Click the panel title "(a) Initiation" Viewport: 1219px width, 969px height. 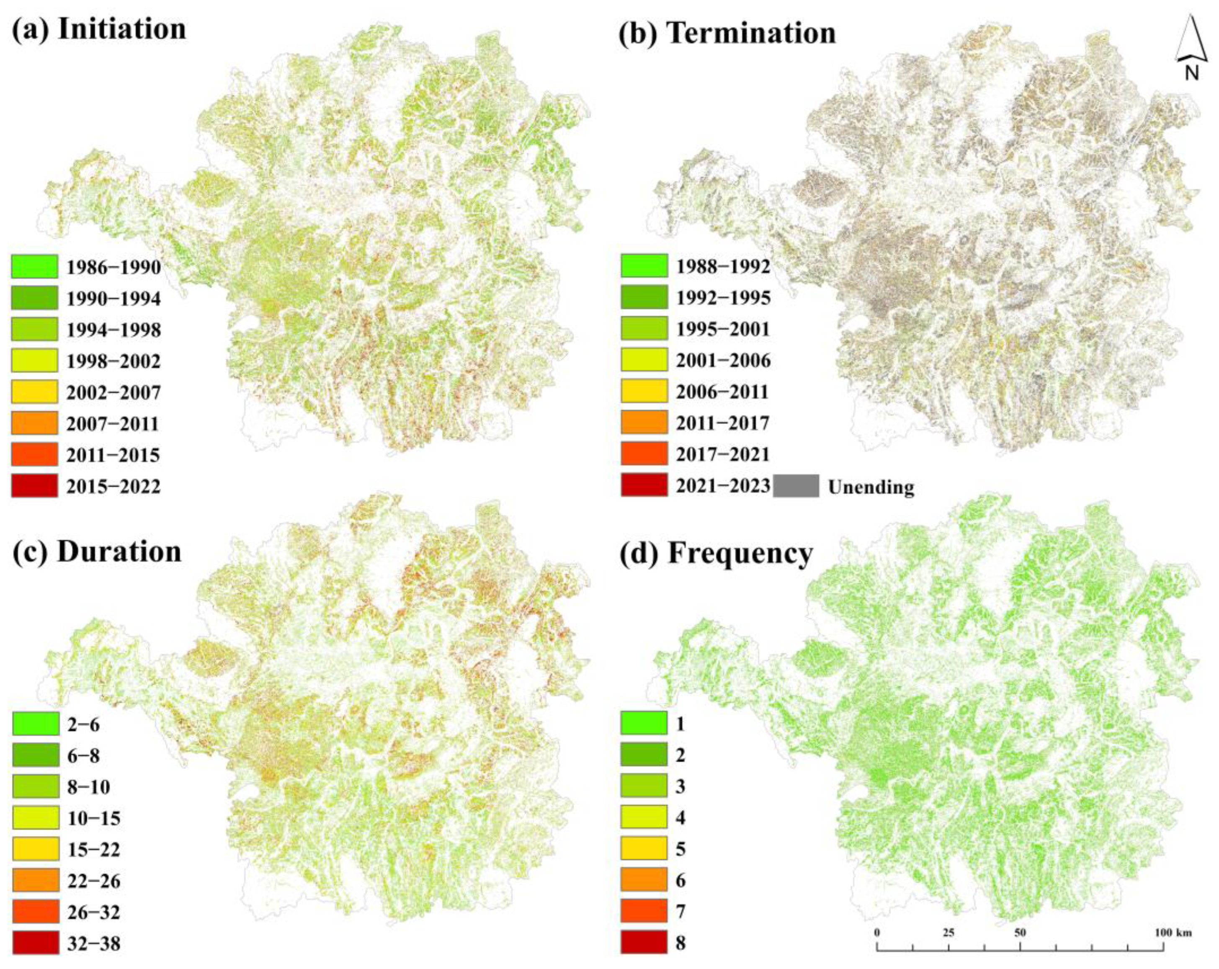point(99,29)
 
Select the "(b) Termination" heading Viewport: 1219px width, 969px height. point(727,33)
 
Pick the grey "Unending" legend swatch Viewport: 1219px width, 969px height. point(796,486)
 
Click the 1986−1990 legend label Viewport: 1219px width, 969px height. point(113,267)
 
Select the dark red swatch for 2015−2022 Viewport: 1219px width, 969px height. point(34,486)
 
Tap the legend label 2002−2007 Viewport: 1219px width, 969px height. point(113,392)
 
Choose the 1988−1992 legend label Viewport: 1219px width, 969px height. point(723,266)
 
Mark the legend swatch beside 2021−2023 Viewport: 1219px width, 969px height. point(644,486)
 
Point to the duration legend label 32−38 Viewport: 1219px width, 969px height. point(93,943)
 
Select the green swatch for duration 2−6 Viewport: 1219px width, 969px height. point(36,724)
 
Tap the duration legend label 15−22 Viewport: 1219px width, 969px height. point(93,849)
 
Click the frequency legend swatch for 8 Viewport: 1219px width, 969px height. point(644,943)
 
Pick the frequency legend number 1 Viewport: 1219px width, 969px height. point(680,724)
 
